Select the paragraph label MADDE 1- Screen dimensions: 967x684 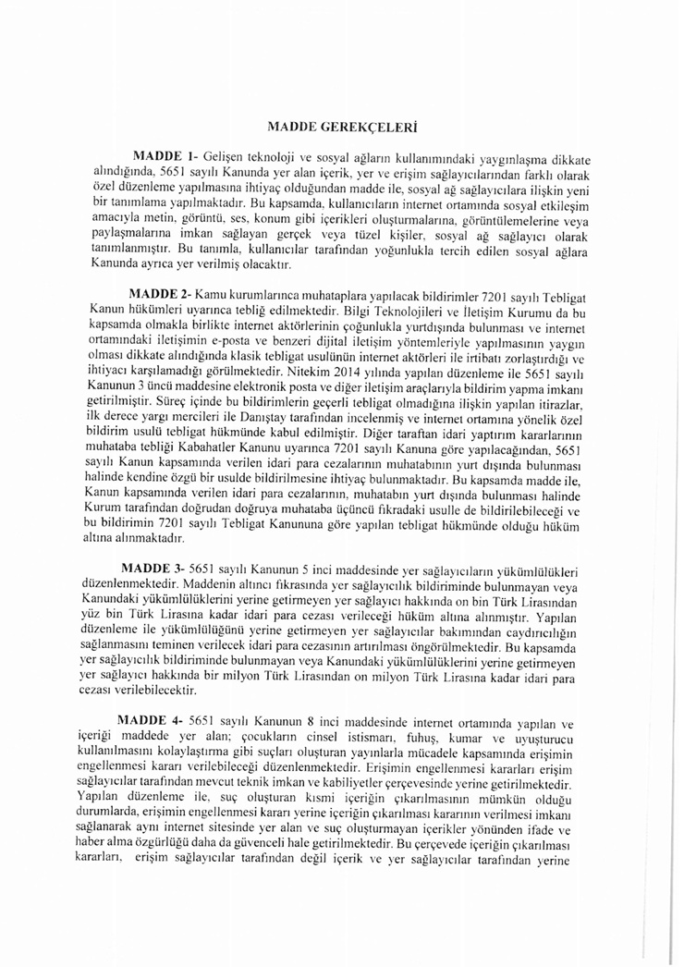tap(165, 156)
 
